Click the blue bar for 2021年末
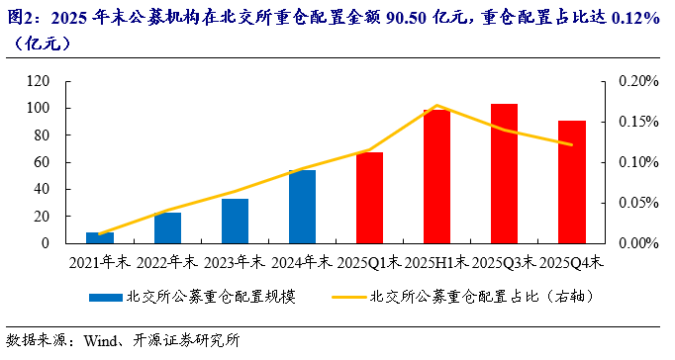coord(100,237)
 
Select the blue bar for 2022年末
coord(167,227)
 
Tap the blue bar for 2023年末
coord(235,221)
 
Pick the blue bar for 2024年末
coord(302,207)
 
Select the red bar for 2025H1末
coord(436,176)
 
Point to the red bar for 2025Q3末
coord(504,173)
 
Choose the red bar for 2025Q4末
coord(571,182)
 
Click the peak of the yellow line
coord(436,105)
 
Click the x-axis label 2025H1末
coord(436,262)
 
